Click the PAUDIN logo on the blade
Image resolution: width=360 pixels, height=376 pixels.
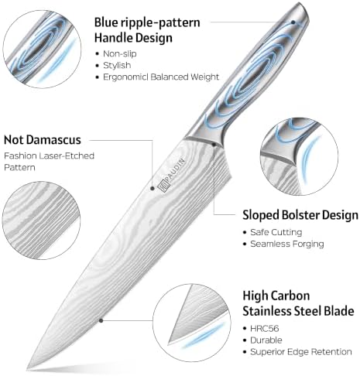[172, 176]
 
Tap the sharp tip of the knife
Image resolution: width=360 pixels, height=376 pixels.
[27, 370]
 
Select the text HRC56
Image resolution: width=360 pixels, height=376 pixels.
[265, 329]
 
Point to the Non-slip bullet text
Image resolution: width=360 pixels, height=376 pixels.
[120, 53]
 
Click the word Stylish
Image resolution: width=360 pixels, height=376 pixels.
[117, 65]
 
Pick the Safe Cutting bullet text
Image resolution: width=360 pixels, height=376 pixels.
[276, 232]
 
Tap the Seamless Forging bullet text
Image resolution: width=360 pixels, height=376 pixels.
[287, 244]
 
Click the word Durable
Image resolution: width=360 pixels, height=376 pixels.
[266, 340]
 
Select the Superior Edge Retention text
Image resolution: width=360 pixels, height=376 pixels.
[301, 352]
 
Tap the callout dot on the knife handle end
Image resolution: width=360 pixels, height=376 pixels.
[293, 22]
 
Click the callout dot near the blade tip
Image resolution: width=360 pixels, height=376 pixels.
[101, 320]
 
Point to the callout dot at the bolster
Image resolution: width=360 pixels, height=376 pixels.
[214, 145]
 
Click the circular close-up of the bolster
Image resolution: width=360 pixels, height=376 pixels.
[299, 156]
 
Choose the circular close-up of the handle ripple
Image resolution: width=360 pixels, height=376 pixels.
[42, 50]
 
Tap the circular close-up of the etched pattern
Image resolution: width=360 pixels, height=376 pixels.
[41, 220]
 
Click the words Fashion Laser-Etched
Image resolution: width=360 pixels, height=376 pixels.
[49, 156]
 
